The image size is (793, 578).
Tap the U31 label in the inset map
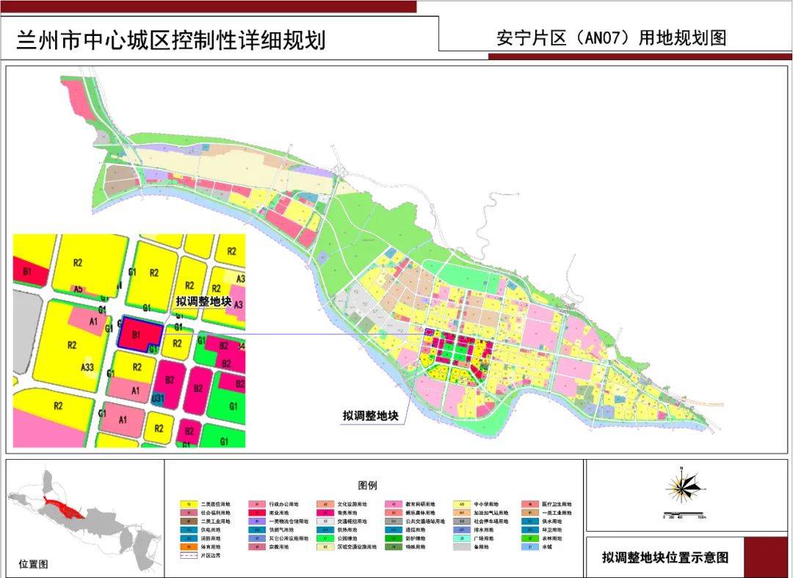[x=157, y=398]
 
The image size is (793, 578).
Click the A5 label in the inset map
[x=78, y=289]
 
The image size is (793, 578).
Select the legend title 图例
[x=367, y=485]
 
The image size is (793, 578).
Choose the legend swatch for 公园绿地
[x=324, y=538]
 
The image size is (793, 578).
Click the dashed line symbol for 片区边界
[x=189, y=556]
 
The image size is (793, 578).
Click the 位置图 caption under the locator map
[x=33, y=564]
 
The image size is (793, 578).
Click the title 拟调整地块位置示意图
[x=665, y=557]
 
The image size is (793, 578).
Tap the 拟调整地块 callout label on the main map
[x=370, y=416]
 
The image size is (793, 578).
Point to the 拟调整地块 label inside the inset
[x=203, y=302]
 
